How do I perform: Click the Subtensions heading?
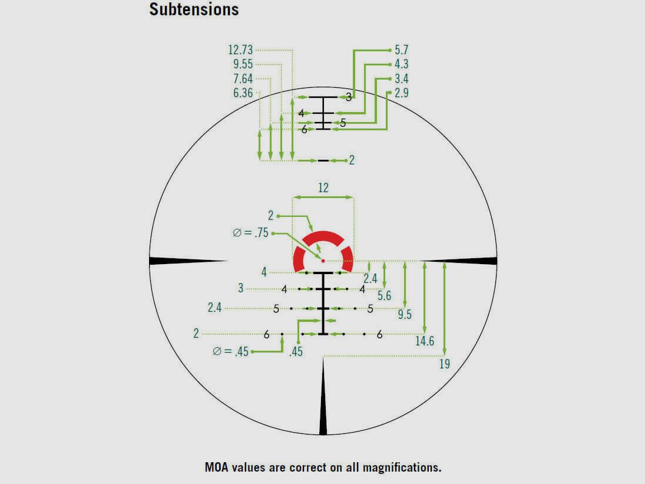click(x=194, y=9)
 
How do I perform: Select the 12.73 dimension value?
click(x=240, y=50)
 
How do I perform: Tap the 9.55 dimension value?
click(x=243, y=64)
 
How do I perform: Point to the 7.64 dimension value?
click(x=243, y=79)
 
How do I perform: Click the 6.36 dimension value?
click(x=243, y=93)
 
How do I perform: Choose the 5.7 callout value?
click(x=401, y=50)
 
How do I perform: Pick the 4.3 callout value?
click(x=401, y=64)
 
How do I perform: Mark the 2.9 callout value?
click(x=401, y=93)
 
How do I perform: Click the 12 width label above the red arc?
click(x=323, y=188)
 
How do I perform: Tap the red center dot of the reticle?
click(x=323, y=260)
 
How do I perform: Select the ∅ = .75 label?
click(x=250, y=233)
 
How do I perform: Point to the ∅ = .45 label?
click(x=231, y=352)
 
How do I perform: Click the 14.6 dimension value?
click(x=425, y=341)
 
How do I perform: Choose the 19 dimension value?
click(x=444, y=364)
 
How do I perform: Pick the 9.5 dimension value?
click(x=405, y=315)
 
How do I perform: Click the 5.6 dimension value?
click(x=384, y=297)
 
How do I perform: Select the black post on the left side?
click(x=183, y=261)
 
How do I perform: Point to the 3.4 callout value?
click(x=401, y=79)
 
